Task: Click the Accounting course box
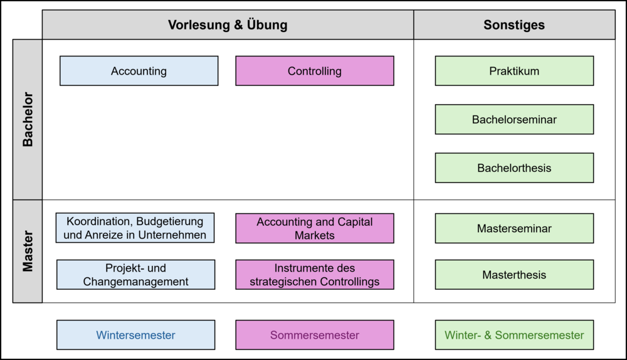tap(139, 71)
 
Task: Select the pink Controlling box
tap(315, 71)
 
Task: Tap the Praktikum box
tap(514, 71)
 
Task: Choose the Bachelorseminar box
tap(514, 119)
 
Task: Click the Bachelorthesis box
tap(514, 168)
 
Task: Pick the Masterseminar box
tap(514, 228)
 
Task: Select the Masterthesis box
tap(514, 275)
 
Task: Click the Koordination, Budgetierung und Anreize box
tap(135, 228)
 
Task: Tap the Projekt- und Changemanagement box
tap(135, 275)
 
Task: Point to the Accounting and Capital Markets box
tap(315, 228)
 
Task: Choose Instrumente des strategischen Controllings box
tap(315, 275)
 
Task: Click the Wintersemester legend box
tap(135, 335)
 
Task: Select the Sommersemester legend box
tap(315, 335)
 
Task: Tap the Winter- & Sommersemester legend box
tap(514, 335)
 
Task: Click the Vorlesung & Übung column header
tap(228, 25)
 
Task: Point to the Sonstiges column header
tap(514, 25)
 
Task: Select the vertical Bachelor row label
tap(28, 120)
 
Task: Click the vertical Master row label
tap(28, 251)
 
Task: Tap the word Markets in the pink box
tap(315, 235)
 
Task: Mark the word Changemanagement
tap(135, 282)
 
